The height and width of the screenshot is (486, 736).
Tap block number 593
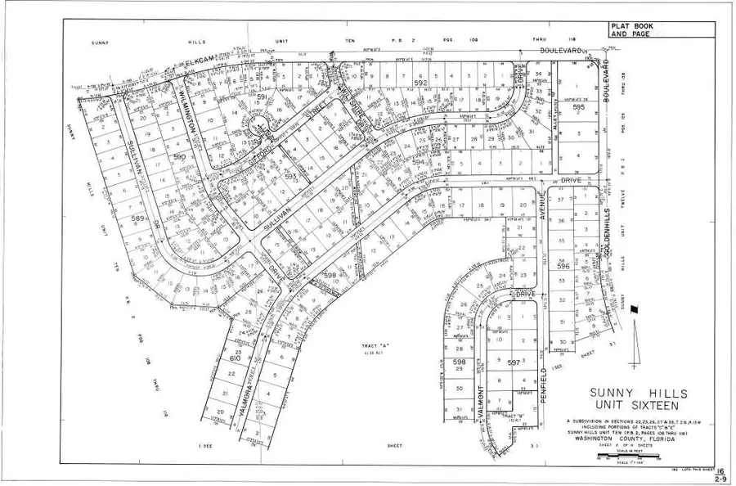(x=289, y=175)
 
